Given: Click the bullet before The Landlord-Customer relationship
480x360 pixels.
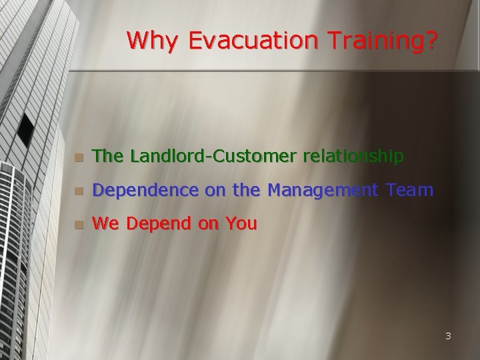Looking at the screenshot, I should (x=79, y=157).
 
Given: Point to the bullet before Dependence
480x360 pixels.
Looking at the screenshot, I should (x=79, y=192).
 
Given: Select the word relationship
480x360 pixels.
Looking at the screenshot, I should (x=353, y=156).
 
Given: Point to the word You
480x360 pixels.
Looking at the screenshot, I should (x=241, y=224).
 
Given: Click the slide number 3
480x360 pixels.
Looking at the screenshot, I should (x=448, y=336).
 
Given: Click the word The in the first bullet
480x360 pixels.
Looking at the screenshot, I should (x=109, y=156).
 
